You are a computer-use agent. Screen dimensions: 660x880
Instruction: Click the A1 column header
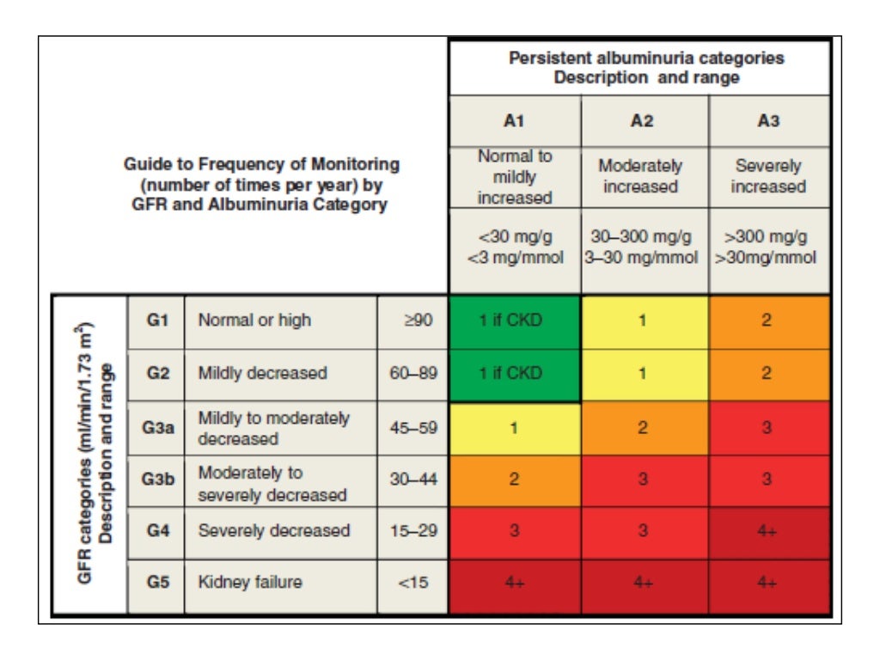pyautogui.click(x=514, y=121)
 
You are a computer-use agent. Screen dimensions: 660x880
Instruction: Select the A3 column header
pyautogui.click(x=768, y=121)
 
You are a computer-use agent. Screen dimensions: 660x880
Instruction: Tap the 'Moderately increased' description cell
pyautogui.click(x=640, y=176)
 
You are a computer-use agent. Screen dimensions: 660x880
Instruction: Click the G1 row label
pyautogui.click(x=156, y=321)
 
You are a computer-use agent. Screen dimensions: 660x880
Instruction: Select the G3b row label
pyautogui.click(x=156, y=480)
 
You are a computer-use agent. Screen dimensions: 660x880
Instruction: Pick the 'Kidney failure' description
pyautogui.click(x=250, y=583)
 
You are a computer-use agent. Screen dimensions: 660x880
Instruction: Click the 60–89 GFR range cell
pyautogui.click(x=412, y=374)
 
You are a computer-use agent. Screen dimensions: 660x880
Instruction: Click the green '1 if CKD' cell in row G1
pyautogui.click(x=514, y=321)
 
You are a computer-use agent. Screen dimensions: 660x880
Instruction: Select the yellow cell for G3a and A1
pyautogui.click(x=514, y=427)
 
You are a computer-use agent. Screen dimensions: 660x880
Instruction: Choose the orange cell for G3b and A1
pyautogui.click(x=514, y=480)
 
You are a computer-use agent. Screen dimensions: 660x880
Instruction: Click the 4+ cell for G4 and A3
pyautogui.click(x=768, y=532)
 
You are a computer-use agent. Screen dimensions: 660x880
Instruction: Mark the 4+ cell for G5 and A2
pyautogui.click(x=640, y=584)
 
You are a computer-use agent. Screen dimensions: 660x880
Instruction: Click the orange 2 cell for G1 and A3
pyautogui.click(x=768, y=321)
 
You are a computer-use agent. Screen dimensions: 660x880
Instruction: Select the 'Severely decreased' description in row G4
pyautogui.click(x=274, y=531)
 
